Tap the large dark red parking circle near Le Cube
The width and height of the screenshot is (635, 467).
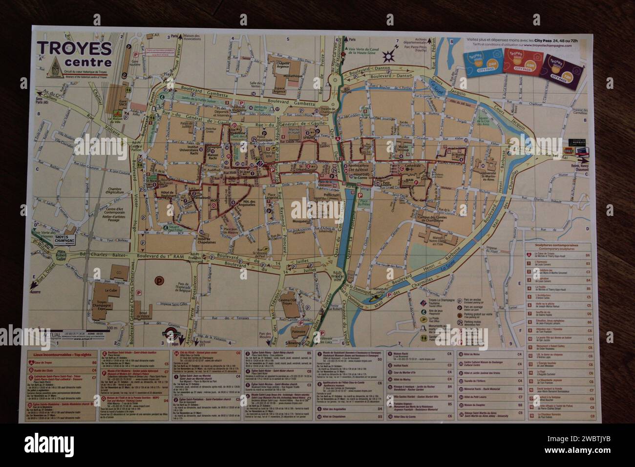point(159,281)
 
